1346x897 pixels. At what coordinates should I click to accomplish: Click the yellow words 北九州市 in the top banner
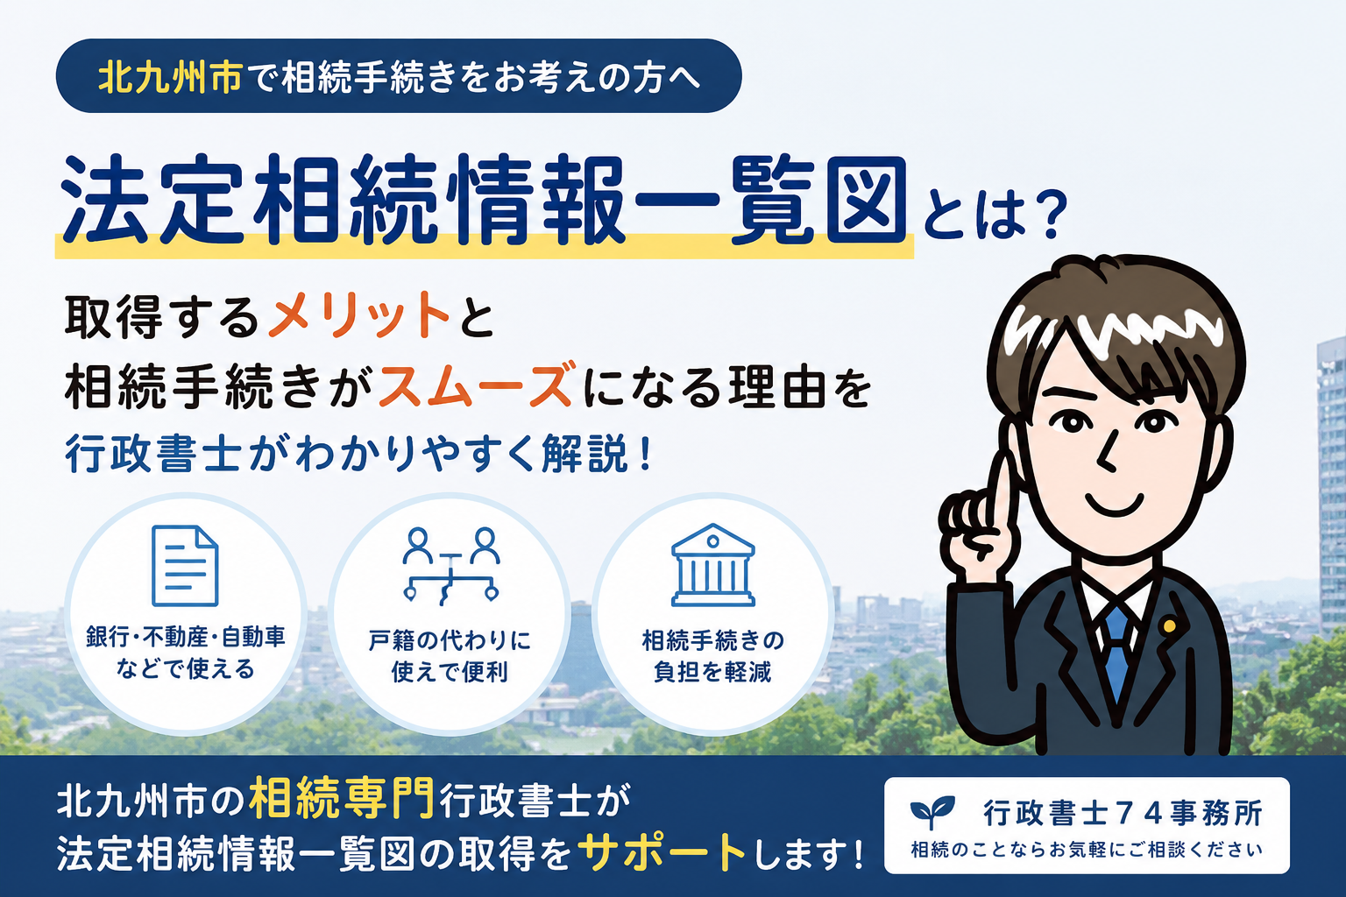[x=170, y=77]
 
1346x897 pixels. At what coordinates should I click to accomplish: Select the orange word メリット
[x=359, y=314]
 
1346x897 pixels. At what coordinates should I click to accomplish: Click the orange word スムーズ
[x=475, y=385]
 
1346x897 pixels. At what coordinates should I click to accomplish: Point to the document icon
[x=185, y=565]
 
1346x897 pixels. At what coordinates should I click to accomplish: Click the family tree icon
[x=450, y=565]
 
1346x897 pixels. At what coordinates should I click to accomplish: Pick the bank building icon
[x=712, y=565]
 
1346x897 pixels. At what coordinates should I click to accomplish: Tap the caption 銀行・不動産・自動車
[x=186, y=637]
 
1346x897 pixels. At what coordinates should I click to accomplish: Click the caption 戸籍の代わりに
[x=450, y=640]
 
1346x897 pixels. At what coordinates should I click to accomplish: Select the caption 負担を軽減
[x=712, y=671]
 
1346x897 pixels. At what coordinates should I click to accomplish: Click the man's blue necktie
[x=1116, y=652]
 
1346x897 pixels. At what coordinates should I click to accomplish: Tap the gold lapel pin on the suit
[x=1169, y=626]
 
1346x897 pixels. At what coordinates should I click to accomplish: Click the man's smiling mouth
[x=1115, y=505]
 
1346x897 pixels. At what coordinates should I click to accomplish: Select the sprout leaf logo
[x=932, y=812]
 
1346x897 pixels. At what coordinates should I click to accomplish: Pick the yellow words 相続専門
[x=342, y=799]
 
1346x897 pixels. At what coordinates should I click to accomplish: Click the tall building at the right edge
[x=1330, y=481]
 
